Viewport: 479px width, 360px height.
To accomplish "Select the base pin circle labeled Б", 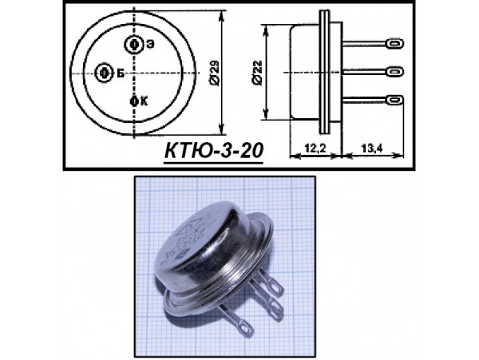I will tap(104, 73).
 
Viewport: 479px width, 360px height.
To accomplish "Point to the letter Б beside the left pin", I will tap(119, 73).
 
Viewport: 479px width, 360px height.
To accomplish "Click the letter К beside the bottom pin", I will tap(144, 101).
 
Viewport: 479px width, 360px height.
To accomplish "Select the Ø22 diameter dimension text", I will tap(254, 73).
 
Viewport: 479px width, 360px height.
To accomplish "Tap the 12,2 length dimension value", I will tap(315, 147).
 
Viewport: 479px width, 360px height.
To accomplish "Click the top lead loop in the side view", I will tap(392, 45).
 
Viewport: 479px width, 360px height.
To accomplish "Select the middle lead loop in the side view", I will tap(394, 73).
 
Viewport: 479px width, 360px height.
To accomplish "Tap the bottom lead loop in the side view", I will tap(392, 100).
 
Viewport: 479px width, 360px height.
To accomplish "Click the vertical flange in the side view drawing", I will tap(323, 73).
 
